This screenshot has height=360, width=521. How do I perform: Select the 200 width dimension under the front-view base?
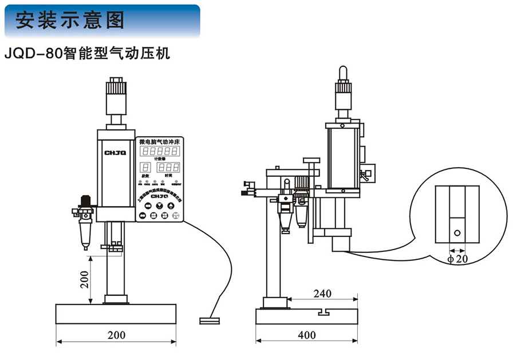(x=117, y=335)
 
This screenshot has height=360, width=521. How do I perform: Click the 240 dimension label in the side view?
(x=323, y=293)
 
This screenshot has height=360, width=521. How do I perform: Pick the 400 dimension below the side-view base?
(x=307, y=335)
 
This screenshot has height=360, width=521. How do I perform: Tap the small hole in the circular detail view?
(x=457, y=233)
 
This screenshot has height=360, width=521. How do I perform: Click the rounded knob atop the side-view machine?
(x=343, y=72)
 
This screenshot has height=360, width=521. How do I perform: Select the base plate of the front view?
(x=116, y=314)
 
